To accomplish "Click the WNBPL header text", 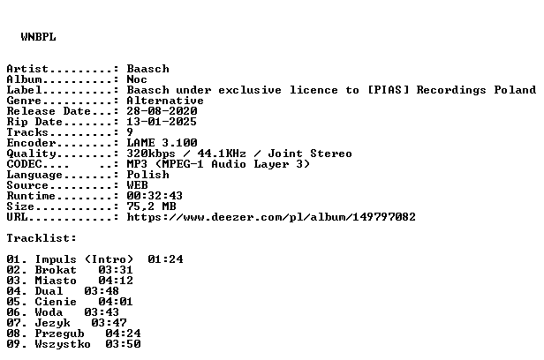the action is click(x=38, y=37).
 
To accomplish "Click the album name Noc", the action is click(x=137, y=79).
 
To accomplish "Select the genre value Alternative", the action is click(x=165, y=101).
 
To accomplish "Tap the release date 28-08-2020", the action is click(x=162, y=111).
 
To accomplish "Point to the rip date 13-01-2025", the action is click(x=162, y=122).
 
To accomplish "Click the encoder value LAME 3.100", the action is click(x=162, y=143).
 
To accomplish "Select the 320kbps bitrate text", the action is click(x=151, y=154).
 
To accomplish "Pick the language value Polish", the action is click(x=147, y=175).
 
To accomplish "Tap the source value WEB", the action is click(x=138, y=185).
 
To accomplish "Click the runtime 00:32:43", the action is click(x=155, y=196).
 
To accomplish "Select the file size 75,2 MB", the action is click(x=151, y=206).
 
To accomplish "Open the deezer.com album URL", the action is click(x=271, y=217).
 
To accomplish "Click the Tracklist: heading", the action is click(x=42, y=238).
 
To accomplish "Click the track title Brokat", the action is click(x=56, y=270).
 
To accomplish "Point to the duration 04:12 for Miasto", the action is click(x=116, y=281).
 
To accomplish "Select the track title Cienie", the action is click(x=56, y=302).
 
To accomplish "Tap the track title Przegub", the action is click(x=59, y=334).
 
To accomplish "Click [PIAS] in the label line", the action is click(x=389, y=90).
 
